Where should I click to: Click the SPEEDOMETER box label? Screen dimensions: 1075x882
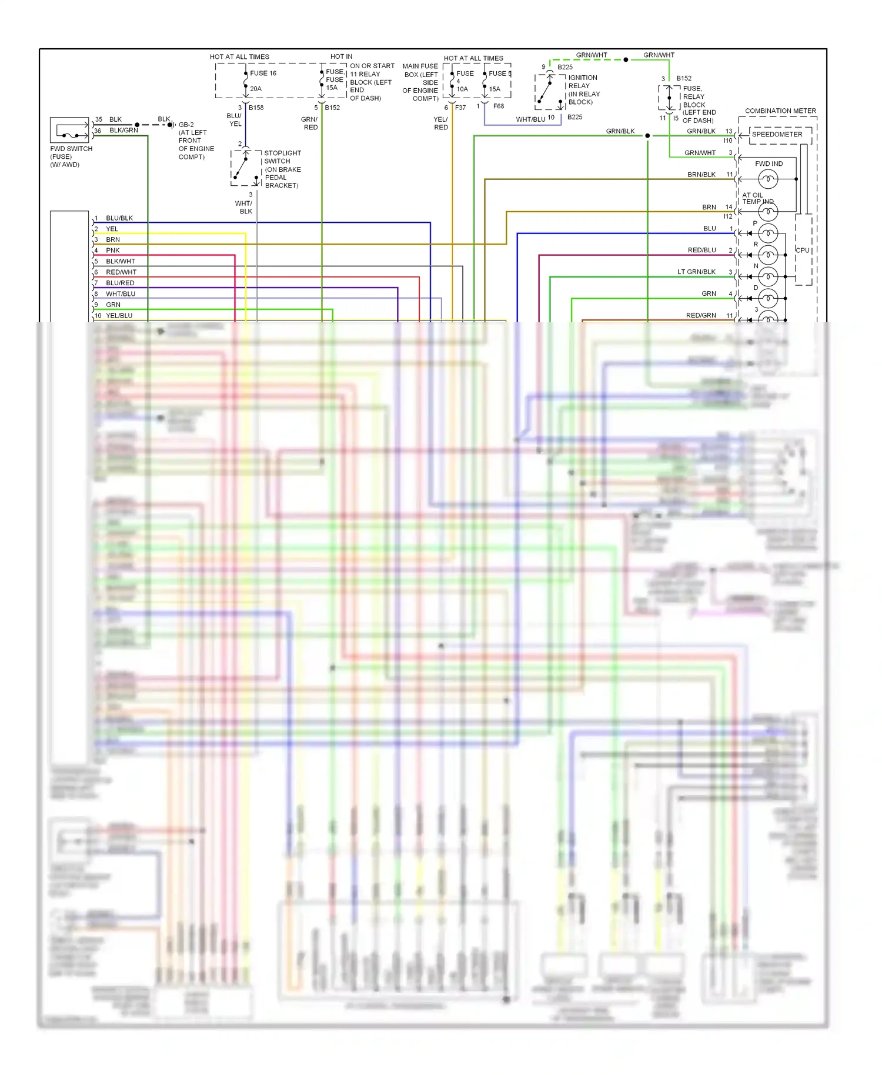777,135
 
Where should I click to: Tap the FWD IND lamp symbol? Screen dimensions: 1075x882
768,179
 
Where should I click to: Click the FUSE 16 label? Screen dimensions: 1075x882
263,74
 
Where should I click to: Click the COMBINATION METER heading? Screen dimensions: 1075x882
780,111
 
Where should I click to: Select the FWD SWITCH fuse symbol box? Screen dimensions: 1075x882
69,131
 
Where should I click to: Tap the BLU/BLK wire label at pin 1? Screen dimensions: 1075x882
119,218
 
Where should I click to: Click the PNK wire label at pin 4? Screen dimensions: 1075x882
113,251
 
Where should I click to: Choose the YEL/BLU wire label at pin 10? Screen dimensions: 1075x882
119,316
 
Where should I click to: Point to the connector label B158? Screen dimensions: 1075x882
256,108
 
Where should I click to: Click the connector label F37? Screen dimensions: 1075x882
460,108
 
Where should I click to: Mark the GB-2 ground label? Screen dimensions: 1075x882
186,125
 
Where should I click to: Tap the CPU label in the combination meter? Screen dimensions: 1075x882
803,251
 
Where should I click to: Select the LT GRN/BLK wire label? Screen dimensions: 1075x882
696,272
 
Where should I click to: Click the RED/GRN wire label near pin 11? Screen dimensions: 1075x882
701,316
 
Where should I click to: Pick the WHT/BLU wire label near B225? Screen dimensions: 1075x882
531,119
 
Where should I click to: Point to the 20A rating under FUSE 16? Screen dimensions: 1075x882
256,89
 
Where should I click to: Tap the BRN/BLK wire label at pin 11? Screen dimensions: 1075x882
701,175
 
